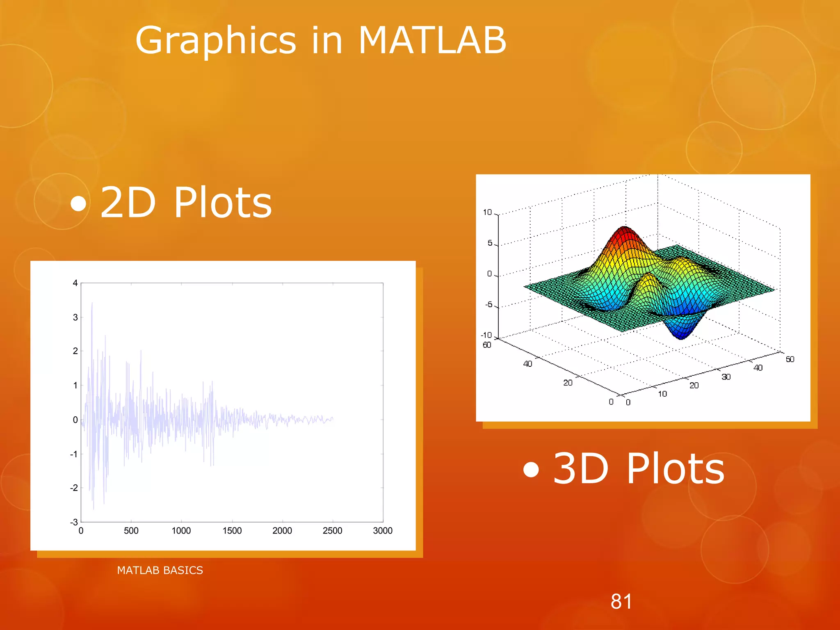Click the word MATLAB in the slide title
point(432,40)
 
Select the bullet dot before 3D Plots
point(531,470)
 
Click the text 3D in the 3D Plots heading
point(580,468)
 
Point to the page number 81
point(621,602)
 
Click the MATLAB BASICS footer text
point(160,570)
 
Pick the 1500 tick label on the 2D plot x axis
point(232,531)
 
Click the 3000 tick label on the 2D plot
point(383,531)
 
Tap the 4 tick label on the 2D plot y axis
point(75,283)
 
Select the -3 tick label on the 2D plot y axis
point(74,522)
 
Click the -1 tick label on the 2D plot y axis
point(74,454)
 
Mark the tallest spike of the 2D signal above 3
point(92,304)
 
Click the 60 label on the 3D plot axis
point(487,345)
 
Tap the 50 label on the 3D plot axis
point(790,359)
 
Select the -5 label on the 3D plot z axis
point(489,304)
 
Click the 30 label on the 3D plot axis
point(726,377)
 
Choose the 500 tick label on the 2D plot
point(131,531)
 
